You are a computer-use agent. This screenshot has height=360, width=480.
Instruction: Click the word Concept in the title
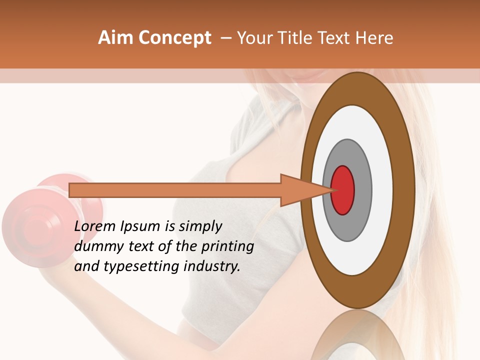pyautogui.click(x=175, y=38)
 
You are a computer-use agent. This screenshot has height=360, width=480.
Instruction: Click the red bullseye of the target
pyautogui.click(x=343, y=190)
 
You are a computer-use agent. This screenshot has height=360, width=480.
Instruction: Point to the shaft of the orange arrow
pyautogui.click(x=175, y=190)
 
